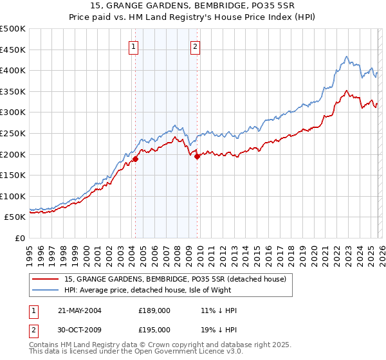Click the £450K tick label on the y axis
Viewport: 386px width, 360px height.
(x=13, y=50)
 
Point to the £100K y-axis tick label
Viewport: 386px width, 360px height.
(x=13, y=196)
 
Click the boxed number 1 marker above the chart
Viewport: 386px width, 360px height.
(x=133, y=46)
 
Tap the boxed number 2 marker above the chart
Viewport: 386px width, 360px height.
(x=194, y=46)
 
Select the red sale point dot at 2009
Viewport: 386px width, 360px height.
(x=198, y=156)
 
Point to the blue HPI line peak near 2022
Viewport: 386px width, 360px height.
(x=346, y=57)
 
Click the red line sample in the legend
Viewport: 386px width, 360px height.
(x=45, y=279)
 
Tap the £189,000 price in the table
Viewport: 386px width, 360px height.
(x=154, y=310)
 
